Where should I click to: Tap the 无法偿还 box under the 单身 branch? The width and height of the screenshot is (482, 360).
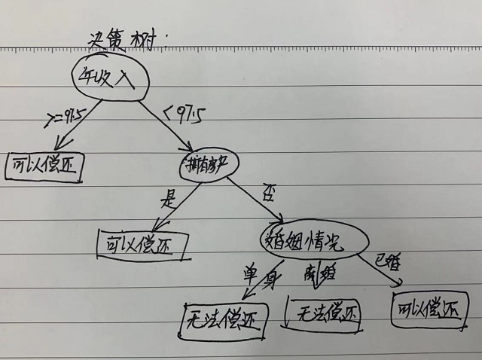(223, 320)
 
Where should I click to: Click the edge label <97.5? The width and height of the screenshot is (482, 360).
(183, 114)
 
